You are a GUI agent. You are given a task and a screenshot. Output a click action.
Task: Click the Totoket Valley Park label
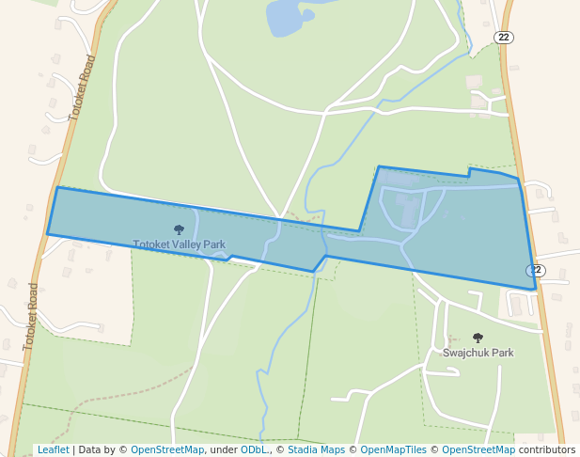pyautogui.click(x=180, y=244)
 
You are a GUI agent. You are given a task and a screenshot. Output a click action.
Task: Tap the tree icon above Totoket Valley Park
pyautogui.click(x=180, y=229)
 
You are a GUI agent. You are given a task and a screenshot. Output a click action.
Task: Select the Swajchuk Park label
pyautogui.click(x=478, y=353)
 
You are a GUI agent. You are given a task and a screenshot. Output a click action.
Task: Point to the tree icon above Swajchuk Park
pyautogui.click(x=478, y=338)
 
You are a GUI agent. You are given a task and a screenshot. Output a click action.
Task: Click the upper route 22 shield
pyautogui.click(x=504, y=37)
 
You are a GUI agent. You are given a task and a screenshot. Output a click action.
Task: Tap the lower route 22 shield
pyautogui.click(x=535, y=271)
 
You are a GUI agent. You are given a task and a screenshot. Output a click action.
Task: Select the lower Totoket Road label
pyautogui.click(x=31, y=316)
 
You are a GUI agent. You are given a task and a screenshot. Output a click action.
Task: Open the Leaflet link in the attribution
pyautogui.click(x=53, y=450)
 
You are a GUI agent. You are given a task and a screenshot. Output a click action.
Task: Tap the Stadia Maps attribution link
pyautogui.click(x=314, y=450)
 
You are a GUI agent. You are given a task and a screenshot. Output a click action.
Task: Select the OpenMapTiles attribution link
pyautogui.click(x=390, y=450)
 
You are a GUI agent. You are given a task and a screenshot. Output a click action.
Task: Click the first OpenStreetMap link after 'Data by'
pyautogui.click(x=167, y=450)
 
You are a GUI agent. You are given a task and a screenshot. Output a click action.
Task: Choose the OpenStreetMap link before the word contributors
pyautogui.click(x=478, y=450)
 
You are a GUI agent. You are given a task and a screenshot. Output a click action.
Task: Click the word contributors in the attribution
pyautogui.click(x=546, y=450)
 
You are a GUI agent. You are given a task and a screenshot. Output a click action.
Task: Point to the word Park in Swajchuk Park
pyautogui.click(x=501, y=353)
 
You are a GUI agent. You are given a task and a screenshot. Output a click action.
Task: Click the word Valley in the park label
pyautogui.click(x=186, y=244)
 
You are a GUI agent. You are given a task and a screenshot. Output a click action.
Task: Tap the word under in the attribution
pyautogui.click(x=223, y=450)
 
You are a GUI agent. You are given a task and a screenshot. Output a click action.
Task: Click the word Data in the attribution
pyautogui.click(x=91, y=450)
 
